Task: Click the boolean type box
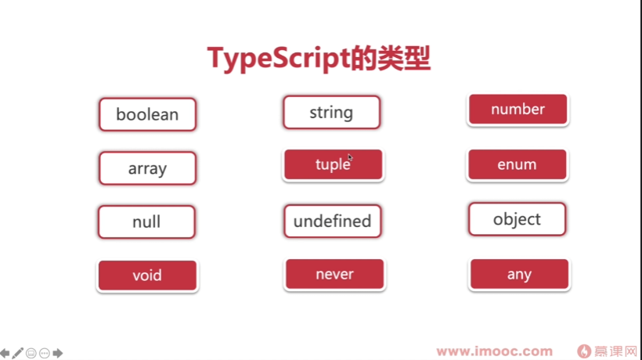click(x=147, y=114)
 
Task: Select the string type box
click(x=332, y=113)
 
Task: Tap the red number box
click(x=518, y=110)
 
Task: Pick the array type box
click(x=147, y=168)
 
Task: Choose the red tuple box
click(x=334, y=164)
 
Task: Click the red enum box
click(x=518, y=164)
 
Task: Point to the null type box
click(x=146, y=222)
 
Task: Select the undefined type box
click(x=333, y=221)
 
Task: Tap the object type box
click(x=517, y=219)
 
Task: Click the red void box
click(x=147, y=275)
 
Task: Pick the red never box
click(x=335, y=274)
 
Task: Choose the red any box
click(x=520, y=274)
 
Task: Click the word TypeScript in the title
click(x=279, y=59)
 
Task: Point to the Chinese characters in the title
click(x=391, y=59)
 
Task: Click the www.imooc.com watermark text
click(x=495, y=351)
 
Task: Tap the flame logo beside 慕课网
click(x=584, y=351)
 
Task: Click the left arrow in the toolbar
click(x=5, y=353)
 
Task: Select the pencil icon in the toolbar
click(x=17, y=353)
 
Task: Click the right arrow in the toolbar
click(x=58, y=353)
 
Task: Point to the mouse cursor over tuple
click(x=350, y=157)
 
